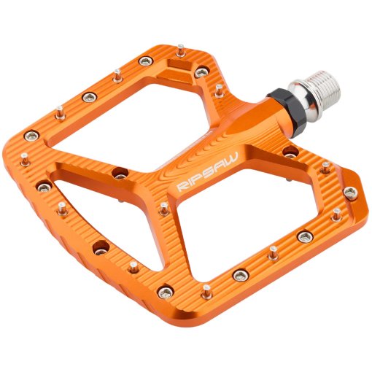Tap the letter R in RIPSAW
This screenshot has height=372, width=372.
click(x=182, y=187)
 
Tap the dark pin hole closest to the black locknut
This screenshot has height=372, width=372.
click(x=290, y=153)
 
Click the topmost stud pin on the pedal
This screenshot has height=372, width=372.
click(x=180, y=50)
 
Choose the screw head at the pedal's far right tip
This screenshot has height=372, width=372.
click(x=351, y=193)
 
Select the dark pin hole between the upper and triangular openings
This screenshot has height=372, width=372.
click(x=120, y=174)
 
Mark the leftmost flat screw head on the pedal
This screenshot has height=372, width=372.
click(x=31, y=135)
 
